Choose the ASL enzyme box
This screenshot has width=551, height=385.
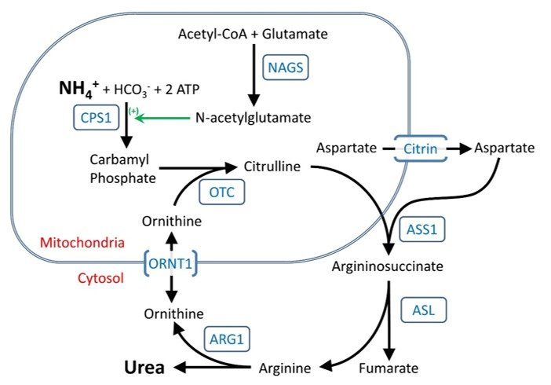[x=423, y=310]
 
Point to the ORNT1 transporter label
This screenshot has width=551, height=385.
[x=170, y=264]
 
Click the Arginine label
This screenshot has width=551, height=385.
[x=285, y=368]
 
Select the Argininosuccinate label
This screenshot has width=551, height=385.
[x=388, y=266]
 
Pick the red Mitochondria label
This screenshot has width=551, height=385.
[x=82, y=243]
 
